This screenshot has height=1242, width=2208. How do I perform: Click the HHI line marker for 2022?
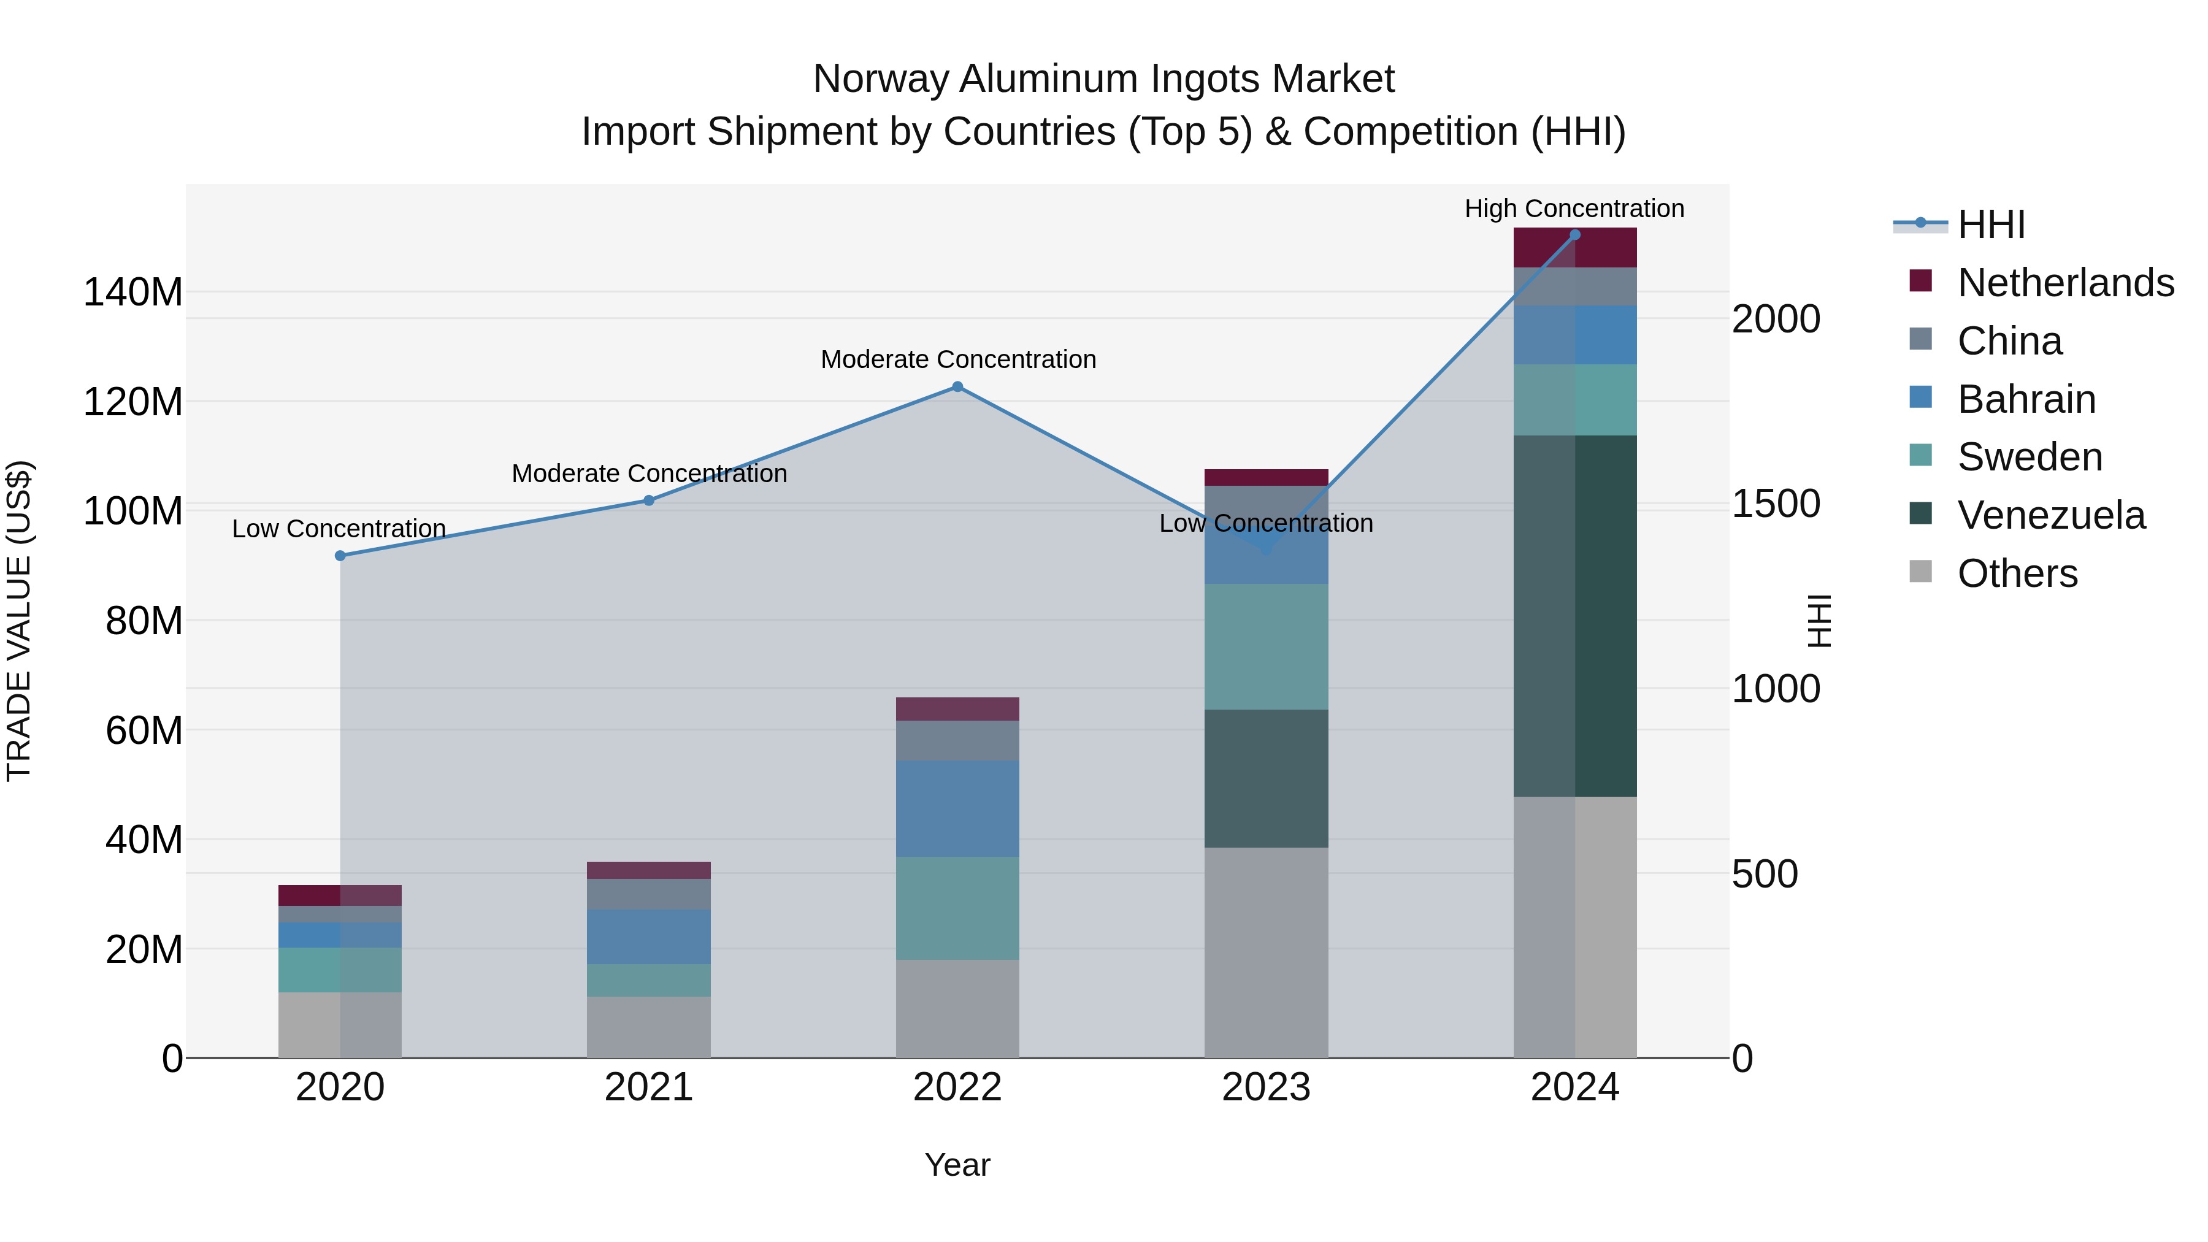click(x=957, y=386)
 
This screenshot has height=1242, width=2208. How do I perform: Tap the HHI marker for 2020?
click(x=340, y=556)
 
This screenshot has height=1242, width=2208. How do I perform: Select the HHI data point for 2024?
click(x=1574, y=235)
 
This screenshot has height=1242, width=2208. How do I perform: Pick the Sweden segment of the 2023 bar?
click(x=1266, y=646)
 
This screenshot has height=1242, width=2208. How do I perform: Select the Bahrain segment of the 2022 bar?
click(x=957, y=808)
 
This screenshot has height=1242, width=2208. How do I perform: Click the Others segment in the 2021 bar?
click(x=649, y=1027)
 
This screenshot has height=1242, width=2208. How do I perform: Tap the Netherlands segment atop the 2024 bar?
click(x=1574, y=248)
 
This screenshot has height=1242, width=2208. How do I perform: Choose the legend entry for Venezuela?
click(x=2050, y=515)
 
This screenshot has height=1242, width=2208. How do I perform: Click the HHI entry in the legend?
click(x=1990, y=224)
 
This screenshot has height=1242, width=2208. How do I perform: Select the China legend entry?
click(x=2009, y=341)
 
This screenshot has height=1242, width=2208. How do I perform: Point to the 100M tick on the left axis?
click(x=133, y=511)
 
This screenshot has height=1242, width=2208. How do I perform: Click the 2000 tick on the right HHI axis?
click(x=1775, y=319)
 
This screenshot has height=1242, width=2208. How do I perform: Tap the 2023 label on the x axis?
click(x=1266, y=1087)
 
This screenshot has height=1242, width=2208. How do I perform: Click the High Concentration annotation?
click(x=1574, y=209)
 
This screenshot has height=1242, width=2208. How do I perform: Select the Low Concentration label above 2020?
click(x=339, y=529)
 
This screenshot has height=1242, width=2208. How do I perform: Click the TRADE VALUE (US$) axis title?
click(x=19, y=621)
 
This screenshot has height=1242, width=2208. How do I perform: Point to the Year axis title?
click(x=957, y=1165)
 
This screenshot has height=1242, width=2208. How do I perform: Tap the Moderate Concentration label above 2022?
click(x=957, y=359)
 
